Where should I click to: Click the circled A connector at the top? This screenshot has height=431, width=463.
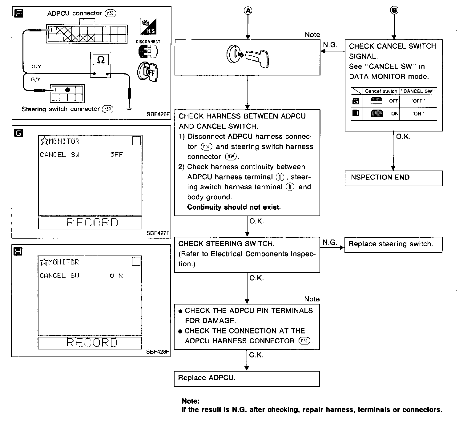(248, 10)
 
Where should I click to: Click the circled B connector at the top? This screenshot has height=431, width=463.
(394, 10)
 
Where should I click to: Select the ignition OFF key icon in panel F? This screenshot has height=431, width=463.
(148, 72)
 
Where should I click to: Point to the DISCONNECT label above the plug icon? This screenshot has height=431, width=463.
(148, 42)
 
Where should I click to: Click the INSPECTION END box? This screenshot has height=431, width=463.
(393, 178)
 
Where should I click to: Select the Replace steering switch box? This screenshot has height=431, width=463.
(393, 244)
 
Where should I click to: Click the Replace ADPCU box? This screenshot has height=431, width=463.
(247, 378)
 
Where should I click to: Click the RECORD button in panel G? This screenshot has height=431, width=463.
(90, 222)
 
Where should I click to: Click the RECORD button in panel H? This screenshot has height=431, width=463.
(90, 343)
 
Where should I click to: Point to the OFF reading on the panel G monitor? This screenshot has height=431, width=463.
(116, 155)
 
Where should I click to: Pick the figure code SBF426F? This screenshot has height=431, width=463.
(158, 114)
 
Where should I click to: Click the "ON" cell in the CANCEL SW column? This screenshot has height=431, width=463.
(418, 114)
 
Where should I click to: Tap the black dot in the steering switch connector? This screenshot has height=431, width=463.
(68, 90)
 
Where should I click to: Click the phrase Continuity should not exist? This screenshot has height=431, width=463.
(234, 207)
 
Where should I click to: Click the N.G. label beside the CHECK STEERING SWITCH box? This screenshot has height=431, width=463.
(330, 242)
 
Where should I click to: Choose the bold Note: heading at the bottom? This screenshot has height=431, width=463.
(191, 401)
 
